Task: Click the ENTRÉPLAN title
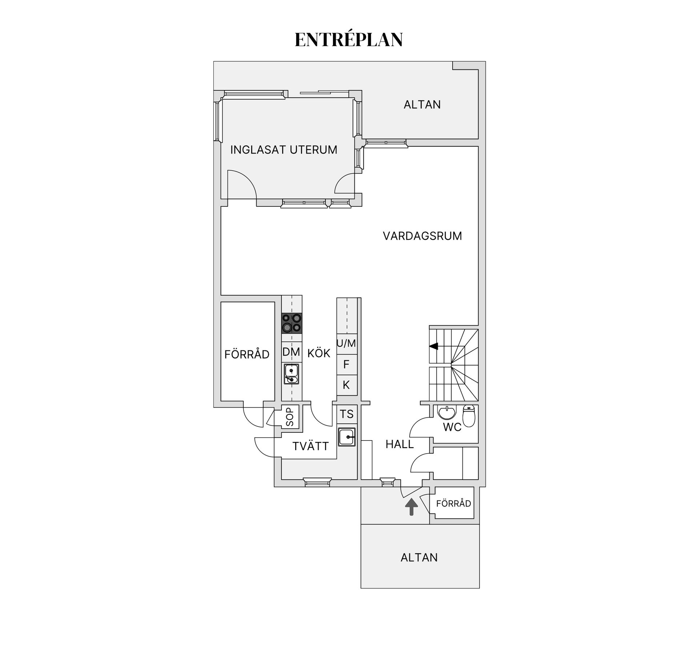tap(349, 39)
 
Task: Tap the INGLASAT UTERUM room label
tap(284, 150)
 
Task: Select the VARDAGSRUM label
tap(422, 236)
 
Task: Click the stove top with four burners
tap(292, 323)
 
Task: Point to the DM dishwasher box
tap(292, 352)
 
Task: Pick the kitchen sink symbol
tap(292, 374)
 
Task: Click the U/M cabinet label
tap(346, 344)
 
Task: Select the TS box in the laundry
tap(347, 414)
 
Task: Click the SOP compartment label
tap(290, 417)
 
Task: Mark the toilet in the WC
tap(469, 416)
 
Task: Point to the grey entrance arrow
tap(411, 507)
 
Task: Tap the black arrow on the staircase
tap(434, 346)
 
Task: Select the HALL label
tap(400, 444)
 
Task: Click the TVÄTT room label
tap(310, 446)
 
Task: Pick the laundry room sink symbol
tap(347, 437)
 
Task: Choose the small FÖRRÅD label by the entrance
tap(453, 504)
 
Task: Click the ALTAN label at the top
tap(422, 105)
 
